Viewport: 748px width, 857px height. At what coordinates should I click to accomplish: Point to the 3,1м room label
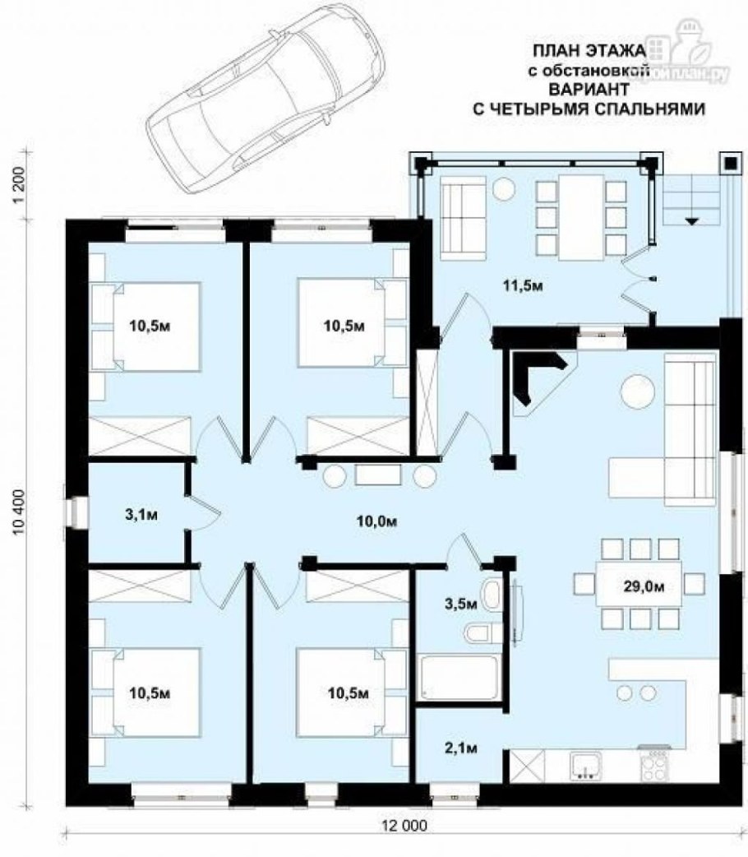click(x=141, y=516)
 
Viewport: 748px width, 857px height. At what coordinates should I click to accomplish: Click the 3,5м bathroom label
click(x=460, y=604)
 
